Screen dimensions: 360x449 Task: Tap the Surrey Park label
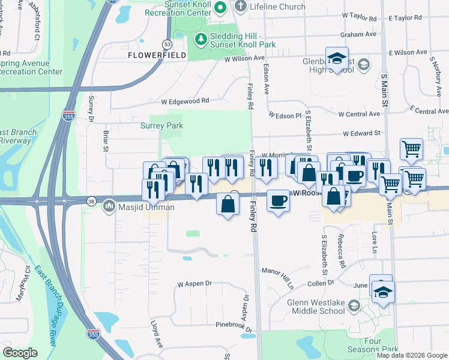[x=161, y=126]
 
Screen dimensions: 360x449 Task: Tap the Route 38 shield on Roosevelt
[x=91, y=201]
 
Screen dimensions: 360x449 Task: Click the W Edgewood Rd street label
[x=189, y=101]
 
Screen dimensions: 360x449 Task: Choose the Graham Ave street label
[x=354, y=35]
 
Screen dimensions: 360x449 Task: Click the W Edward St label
[x=362, y=133]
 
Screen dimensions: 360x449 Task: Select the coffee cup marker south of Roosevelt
[x=277, y=200]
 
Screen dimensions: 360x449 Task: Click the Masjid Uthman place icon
[x=109, y=208]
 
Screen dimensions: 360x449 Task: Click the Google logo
[x=20, y=353]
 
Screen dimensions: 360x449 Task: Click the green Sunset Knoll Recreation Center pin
[x=220, y=8]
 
